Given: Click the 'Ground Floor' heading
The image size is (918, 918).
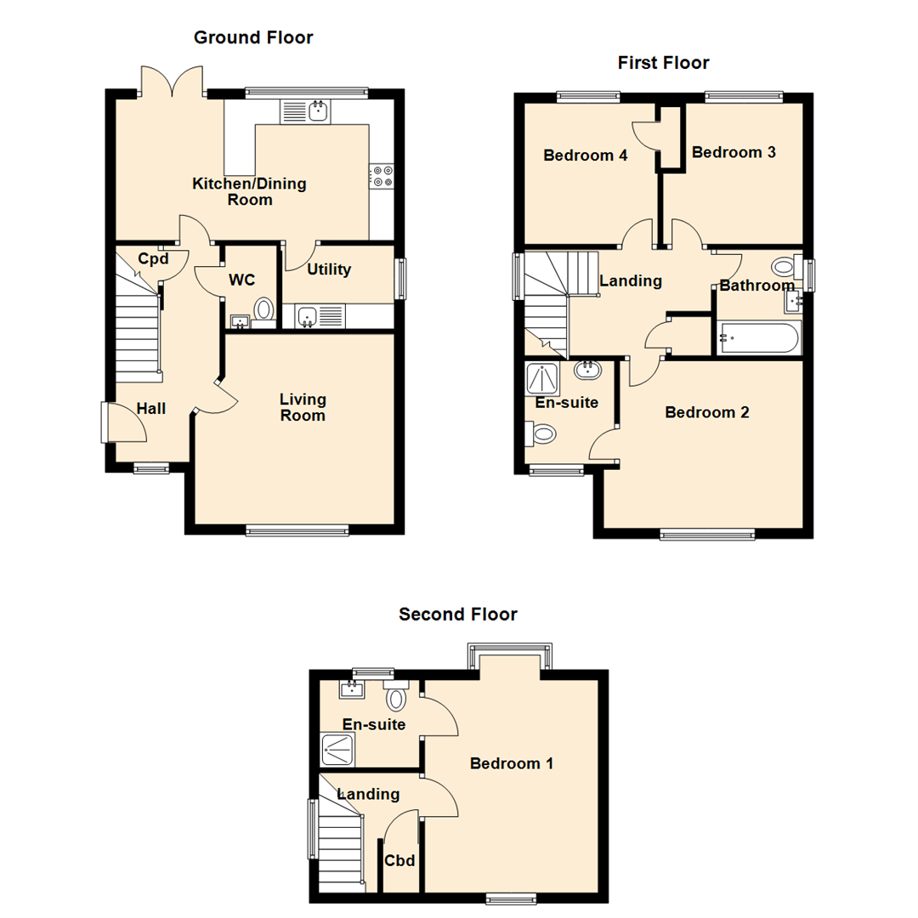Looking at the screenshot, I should tap(253, 37).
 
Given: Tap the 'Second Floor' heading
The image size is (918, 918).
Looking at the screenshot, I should tap(458, 615).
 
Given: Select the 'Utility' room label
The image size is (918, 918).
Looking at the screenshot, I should tap(329, 270).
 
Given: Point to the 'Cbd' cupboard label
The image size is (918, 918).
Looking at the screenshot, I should tap(400, 861).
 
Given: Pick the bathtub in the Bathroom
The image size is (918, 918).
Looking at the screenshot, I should tap(758, 338).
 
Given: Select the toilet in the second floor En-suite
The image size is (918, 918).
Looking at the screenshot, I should tap(396, 696).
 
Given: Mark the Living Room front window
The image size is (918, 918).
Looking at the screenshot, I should tap(297, 531).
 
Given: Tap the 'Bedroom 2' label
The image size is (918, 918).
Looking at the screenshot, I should tap(707, 413).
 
